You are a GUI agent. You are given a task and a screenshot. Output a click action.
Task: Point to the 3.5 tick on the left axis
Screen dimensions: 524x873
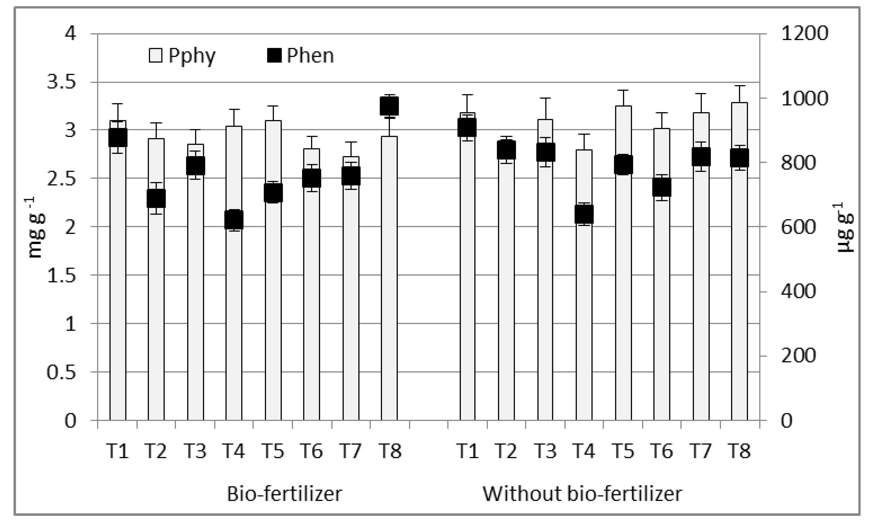click(x=61, y=82)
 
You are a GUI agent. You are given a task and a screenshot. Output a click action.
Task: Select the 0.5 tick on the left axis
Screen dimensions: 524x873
click(x=61, y=372)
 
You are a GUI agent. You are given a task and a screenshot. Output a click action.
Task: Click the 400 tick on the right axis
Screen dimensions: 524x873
click(x=798, y=292)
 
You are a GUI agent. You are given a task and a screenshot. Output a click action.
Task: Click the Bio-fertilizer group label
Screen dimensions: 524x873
click(x=284, y=494)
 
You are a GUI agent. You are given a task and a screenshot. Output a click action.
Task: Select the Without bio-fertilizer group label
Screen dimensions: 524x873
click(x=582, y=494)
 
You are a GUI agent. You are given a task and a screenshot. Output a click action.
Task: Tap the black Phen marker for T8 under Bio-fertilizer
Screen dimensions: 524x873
click(x=389, y=106)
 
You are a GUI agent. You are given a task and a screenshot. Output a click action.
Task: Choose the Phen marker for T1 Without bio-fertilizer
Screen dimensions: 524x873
click(x=467, y=128)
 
